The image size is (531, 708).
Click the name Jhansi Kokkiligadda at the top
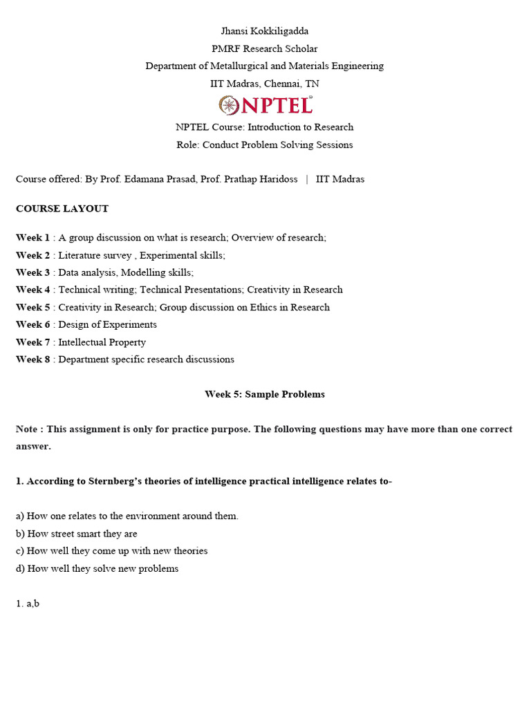(x=265, y=31)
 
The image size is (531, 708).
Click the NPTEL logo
(x=265, y=105)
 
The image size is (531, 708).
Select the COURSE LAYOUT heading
(x=62, y=208)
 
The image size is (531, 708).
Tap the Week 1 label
(x=33, y=238)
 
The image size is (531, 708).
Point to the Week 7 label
(x=33, y=342)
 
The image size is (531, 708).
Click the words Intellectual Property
(x=102, y=342)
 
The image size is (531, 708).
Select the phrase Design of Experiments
(x=107, y=325)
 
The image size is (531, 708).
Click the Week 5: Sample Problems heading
(x=265, y=394)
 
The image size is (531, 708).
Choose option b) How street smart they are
(x=77, y=534)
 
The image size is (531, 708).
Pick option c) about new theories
(x=112, y=551)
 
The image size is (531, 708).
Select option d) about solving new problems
(x=97, y=568)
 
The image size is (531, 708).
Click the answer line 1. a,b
(x=28, y=604)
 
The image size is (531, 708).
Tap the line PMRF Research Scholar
(x=265, y=48)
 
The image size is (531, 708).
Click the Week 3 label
(x=33, y=272)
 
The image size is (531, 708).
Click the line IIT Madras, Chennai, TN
(x=265, y=84)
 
